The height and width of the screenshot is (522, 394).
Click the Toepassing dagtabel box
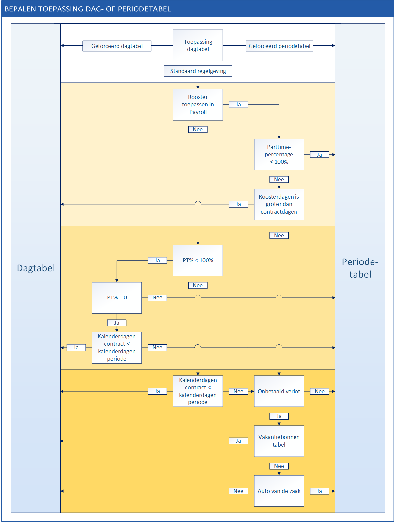coord(198,45)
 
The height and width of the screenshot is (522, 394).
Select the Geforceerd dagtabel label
coord(117,46)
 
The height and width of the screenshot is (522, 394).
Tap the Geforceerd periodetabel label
coord(279,46)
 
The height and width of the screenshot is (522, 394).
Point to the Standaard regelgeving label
coord(198,71)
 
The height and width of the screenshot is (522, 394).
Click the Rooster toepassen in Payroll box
coord(198,104)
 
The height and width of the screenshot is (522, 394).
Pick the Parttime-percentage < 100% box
coord(279,154)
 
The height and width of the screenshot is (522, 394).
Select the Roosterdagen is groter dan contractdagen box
coord(279,204)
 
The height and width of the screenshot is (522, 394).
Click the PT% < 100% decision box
coord(198,260)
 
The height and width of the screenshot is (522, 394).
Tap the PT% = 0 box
coord(117,297)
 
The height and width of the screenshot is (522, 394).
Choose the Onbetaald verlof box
coord(279,391)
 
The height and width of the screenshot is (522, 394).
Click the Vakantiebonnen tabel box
coord(279,441)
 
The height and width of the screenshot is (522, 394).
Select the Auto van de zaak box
coord(279,491)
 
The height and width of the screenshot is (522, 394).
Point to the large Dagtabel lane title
coord(36,268)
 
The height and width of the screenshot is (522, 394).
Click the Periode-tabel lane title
coord(360,268)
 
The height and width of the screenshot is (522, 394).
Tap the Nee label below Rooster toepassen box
coord(198,129)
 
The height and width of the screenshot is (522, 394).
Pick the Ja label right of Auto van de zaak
coord(319,491)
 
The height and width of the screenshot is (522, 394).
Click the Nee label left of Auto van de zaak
coord(238,491)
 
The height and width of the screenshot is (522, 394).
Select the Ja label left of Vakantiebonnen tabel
coord(238,441)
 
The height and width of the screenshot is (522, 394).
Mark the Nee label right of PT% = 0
coord(157,297)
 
